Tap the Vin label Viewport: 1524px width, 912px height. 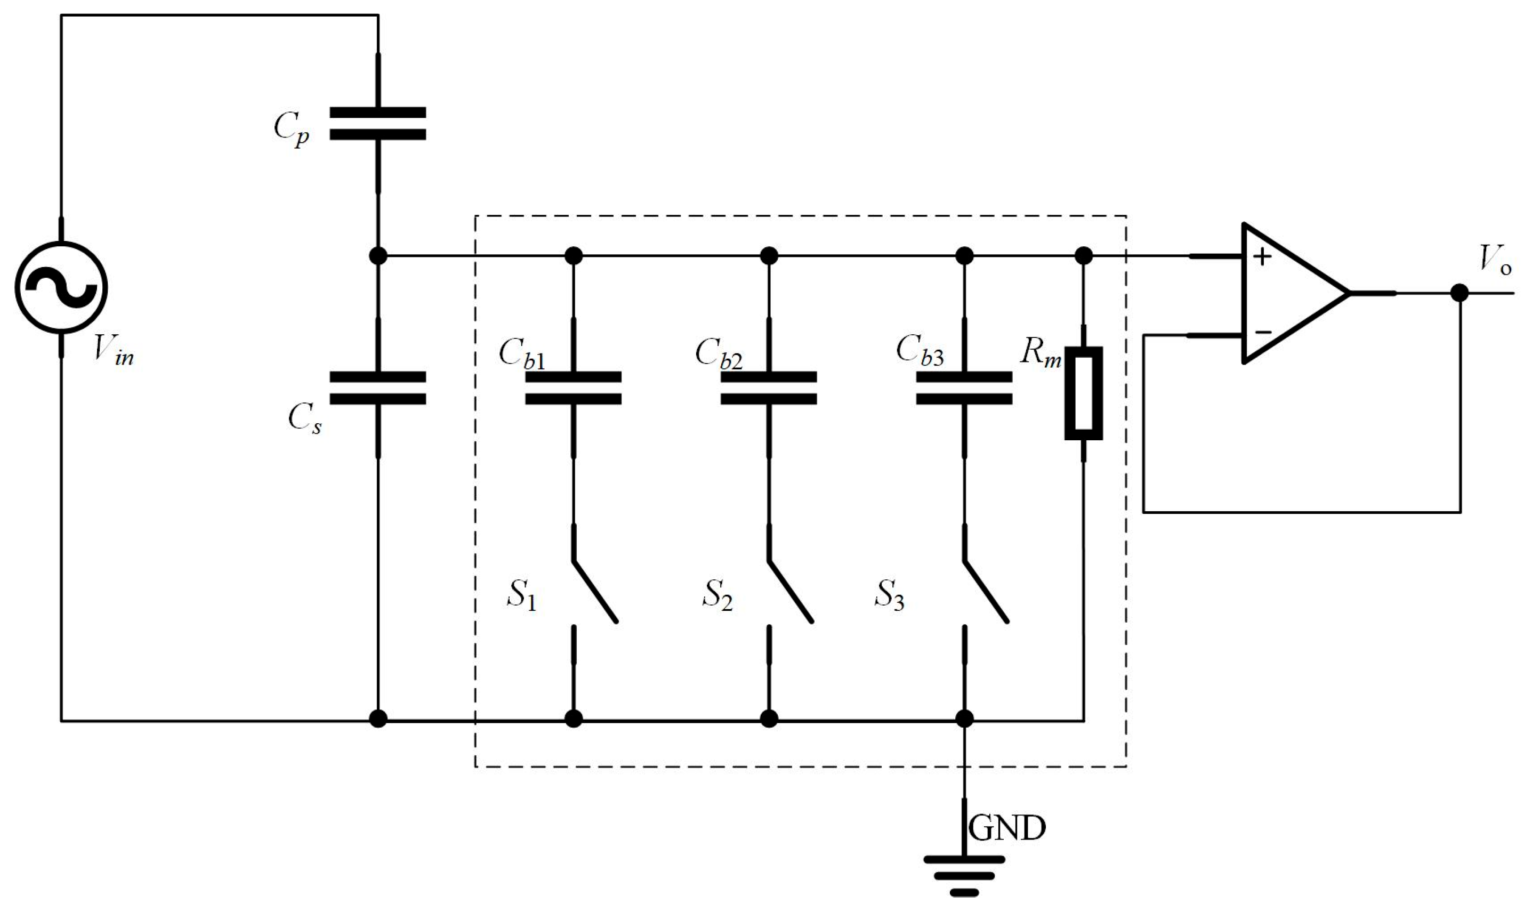(114, 351)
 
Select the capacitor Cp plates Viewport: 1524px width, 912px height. (377, 123)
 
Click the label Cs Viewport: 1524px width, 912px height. (305, 419)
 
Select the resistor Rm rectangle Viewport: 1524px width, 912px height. (1083, 393)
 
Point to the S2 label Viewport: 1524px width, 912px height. (717, 595)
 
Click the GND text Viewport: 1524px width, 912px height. (1006, 828)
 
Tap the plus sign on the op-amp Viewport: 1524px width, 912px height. (1262, 257)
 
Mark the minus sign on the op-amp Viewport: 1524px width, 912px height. (1263, 333)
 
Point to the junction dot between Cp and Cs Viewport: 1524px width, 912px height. (378, 255)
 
